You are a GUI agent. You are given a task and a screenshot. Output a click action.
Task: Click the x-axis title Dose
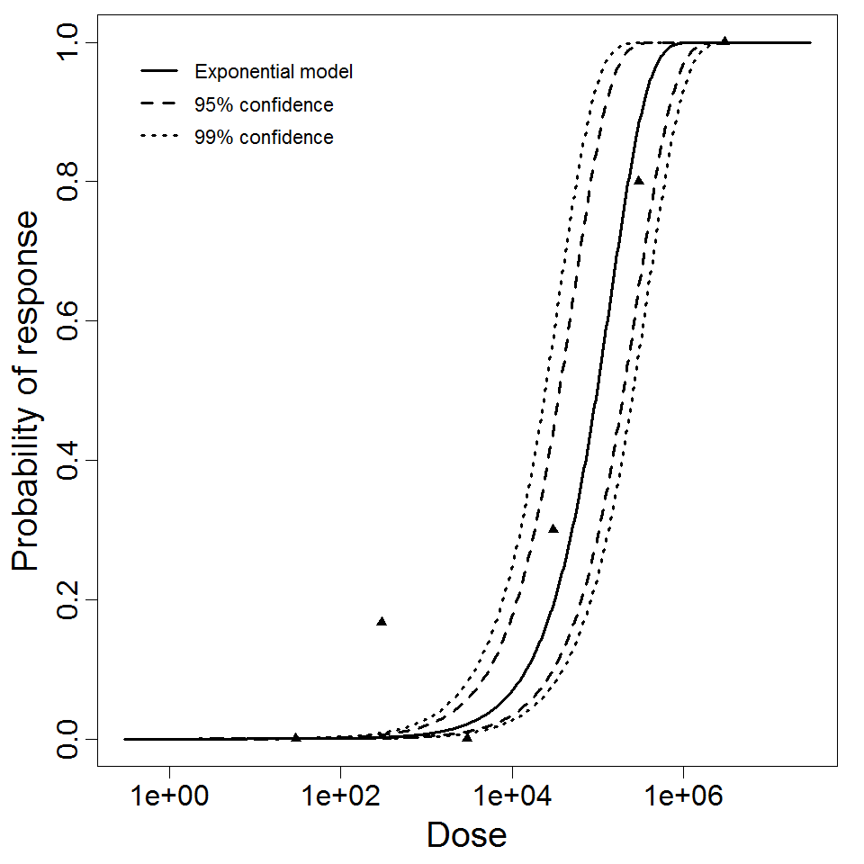click(x=466, y=836)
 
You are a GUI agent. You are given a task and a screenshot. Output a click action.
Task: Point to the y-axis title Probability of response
click(x=27, y=391)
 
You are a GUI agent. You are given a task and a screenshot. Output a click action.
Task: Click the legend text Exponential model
click(x=274, y=72)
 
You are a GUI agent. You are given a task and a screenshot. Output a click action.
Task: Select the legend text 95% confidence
click(x=264, y=105)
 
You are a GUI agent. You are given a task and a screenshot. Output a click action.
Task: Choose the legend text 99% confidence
click(x=264, y=138)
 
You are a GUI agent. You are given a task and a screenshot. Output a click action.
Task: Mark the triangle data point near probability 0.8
click(x=639, y=181)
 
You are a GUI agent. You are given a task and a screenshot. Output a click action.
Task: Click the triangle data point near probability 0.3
click(x=553, y=529)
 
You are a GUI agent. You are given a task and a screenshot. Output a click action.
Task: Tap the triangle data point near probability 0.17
click(x=382, y=622)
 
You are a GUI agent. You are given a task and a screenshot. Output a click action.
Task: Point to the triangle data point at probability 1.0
click(x=724, y=40)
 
